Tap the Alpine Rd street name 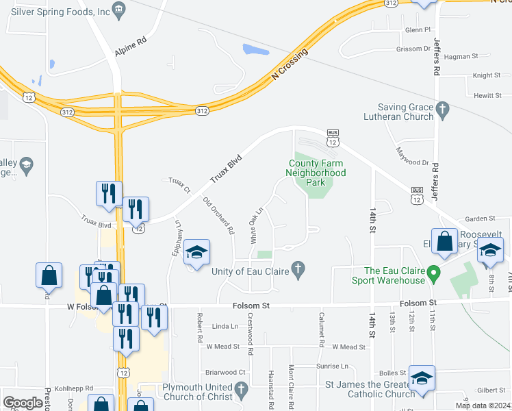pos(131,41)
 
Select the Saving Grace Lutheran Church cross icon pos(443,108)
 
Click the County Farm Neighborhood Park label pos(317,173)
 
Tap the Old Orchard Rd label pos(219,213)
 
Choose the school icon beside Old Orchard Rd pos(196,253)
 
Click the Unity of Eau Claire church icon pos(298,271)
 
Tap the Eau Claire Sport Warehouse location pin pos(433,275)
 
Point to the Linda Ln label pos(224,327)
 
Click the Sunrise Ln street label pos(333,366)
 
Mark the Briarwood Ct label pos(225,373)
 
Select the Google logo pos(23,403)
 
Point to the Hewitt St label pos(487,97)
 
